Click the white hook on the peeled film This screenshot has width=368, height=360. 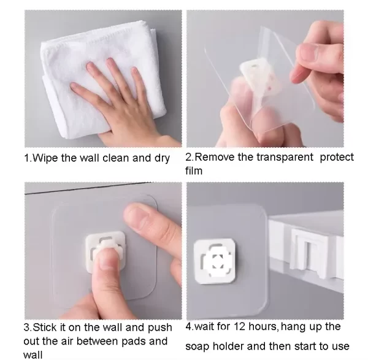(x=258, y=77)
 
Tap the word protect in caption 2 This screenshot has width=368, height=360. (x=337, y=158)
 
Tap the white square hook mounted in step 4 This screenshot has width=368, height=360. (x=215, y=258)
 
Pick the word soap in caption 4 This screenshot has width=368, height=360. (x=197, y=347)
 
